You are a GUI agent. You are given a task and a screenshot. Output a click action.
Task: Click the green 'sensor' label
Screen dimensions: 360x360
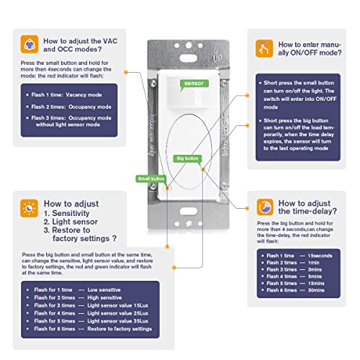tap(192, 84)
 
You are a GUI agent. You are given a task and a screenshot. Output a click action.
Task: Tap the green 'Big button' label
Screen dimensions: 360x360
tap(188, 157)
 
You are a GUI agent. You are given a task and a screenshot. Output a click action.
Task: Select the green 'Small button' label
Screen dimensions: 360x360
tap(152, 179)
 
